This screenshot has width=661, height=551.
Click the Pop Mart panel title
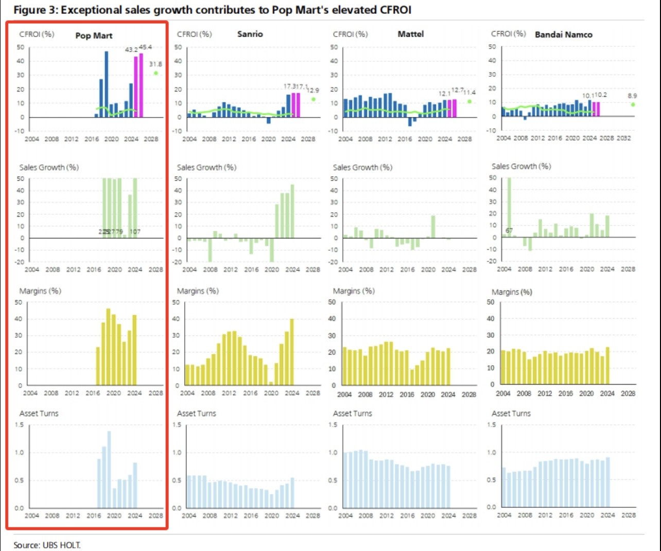tap(94, 36)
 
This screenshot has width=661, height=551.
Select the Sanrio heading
tap(250, 34)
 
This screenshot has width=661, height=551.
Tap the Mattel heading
tap(410, 34)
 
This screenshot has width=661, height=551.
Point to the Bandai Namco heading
tap(563, 35)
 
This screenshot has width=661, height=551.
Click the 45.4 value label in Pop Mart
tap(146, 47)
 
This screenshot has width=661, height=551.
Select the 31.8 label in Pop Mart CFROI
tap(155, 64)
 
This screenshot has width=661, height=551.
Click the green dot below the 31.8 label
tap(155, 73)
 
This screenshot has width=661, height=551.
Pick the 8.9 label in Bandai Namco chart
tap(632, 96)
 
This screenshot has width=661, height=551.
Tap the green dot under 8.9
tap(633, 105)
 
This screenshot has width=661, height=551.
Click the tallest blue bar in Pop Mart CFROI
tap(107, 84)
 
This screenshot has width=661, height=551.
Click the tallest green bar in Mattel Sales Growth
tap(433, 227)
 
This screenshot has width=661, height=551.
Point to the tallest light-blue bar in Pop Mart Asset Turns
tap(109, 469)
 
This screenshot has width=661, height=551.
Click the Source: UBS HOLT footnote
tap(47, 545)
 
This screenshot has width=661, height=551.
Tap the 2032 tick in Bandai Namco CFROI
tap(623, 138)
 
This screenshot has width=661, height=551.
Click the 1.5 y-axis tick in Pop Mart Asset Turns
tap(19, 425)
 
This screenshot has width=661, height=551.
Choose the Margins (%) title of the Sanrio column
tap(198, 291)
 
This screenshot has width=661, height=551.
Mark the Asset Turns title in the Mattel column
tap(352, 414)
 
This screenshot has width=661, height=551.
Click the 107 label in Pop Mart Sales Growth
tap(135, 232)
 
